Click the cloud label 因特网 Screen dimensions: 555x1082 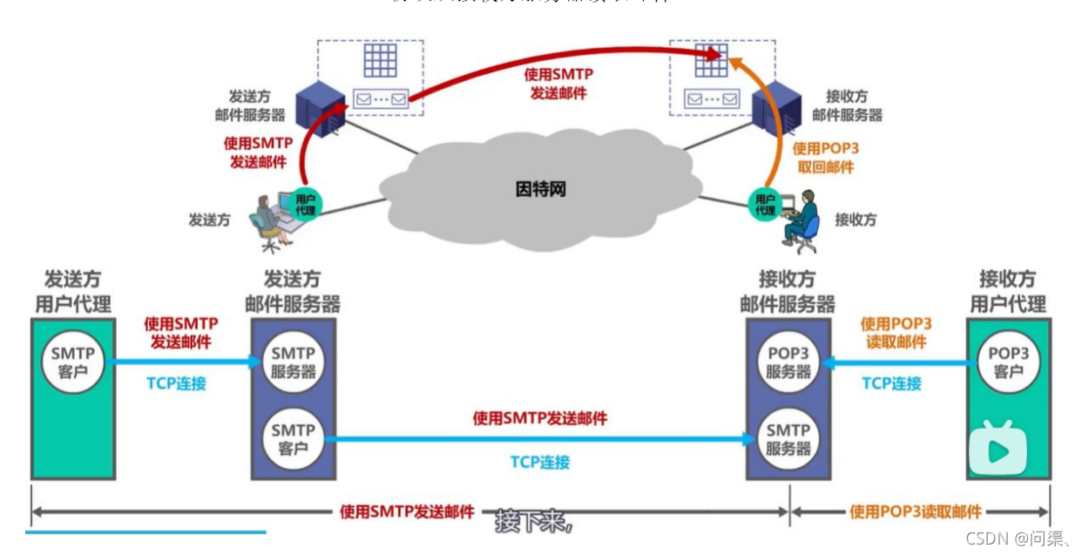pos(540,189)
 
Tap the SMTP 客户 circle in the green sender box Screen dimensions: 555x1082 pos(73,363)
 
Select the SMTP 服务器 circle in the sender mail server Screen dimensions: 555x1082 pos(294,363)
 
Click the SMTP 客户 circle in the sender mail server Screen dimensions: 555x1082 pos(294,439)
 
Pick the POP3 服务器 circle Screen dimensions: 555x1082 pos(788,363)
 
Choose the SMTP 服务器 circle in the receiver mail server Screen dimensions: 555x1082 pos(788,439)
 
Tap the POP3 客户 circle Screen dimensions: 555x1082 pos(1008,363)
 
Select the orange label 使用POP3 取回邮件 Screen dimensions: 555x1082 pos(824,158)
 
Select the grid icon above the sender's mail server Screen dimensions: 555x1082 pos(380,60)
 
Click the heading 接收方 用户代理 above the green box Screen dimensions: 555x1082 pos(1008,292)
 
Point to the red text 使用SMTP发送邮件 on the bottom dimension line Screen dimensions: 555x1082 pos(407,511)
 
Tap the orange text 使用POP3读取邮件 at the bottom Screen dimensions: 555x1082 pos(916,511)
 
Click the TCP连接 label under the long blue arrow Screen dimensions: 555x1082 pos(540,462)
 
